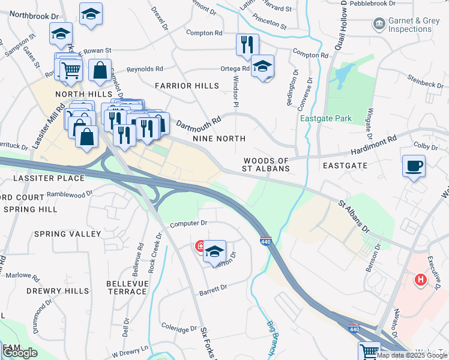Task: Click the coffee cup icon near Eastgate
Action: [414, 166]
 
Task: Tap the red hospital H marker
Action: [421, 279]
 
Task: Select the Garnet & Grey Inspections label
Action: [414, 24]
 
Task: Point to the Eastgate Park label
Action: [326, 118]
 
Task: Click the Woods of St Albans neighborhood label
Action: [266, 165]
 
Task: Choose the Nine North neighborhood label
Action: [219, 139]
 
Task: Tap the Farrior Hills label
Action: [187, 86]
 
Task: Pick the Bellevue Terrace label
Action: [126, 287]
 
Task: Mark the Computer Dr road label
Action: [188, 223]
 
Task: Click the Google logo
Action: [20, 353]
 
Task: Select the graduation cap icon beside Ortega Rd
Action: [263, 67]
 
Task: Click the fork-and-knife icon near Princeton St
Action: [247, 44]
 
